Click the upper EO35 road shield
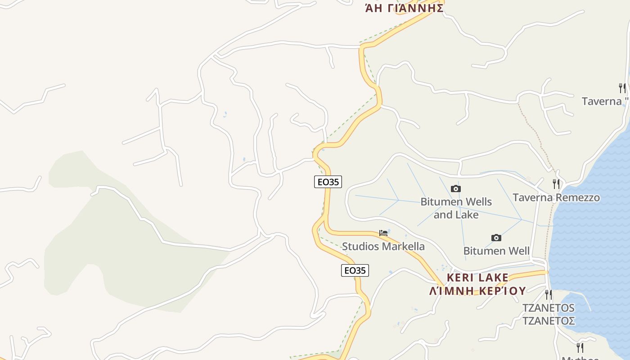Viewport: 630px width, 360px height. [328, 182]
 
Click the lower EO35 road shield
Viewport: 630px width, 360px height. [355, 270]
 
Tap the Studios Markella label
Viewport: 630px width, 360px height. [383, 246]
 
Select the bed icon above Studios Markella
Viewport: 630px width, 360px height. [383, 233]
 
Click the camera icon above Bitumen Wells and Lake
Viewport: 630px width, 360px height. [456, 189]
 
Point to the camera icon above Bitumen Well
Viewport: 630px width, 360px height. [496, 238]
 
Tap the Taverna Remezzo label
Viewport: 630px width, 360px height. [556, 198]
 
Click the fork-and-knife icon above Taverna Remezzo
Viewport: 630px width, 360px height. [557, 184]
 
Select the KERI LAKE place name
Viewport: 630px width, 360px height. [477, 277]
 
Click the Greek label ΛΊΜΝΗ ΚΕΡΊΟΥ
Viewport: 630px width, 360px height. [477, 291]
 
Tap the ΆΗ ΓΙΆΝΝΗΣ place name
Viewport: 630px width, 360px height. [404, 8]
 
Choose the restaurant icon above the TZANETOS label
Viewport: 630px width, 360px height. [549, 295]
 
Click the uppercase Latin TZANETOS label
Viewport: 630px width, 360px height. [548, 308]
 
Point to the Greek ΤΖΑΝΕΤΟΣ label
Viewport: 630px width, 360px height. [548, 321]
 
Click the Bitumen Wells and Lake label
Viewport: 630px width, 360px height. [456, 208]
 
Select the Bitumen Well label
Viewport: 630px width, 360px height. [496, 251]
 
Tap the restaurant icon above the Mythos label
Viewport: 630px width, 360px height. [580, 347]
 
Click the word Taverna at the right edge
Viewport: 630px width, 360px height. [601, 101]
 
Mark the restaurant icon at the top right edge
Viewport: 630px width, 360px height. [622, 88]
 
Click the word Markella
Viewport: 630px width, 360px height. [403, 246]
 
